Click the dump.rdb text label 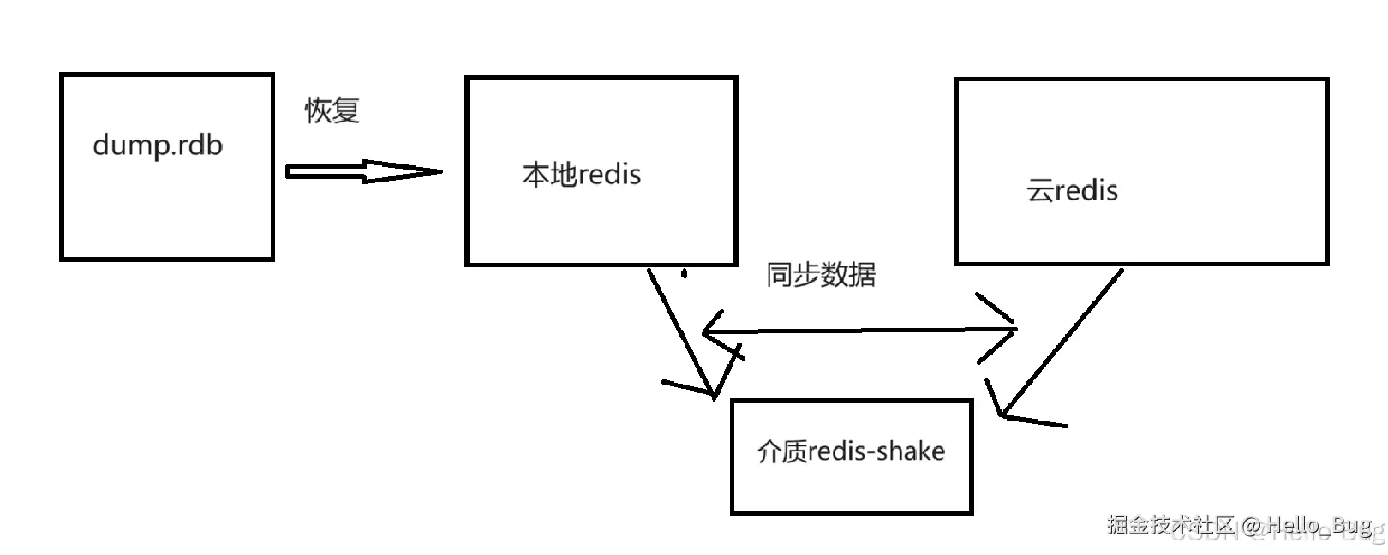158,146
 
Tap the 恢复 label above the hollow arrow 332,110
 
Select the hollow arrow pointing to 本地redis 363,171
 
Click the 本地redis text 582,175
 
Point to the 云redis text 1072,190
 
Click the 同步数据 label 821,275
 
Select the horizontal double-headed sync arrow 857,331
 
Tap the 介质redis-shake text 851,451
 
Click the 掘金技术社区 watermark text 1170,524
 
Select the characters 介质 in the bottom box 782,451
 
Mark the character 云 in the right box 1039,190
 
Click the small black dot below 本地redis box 684,275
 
